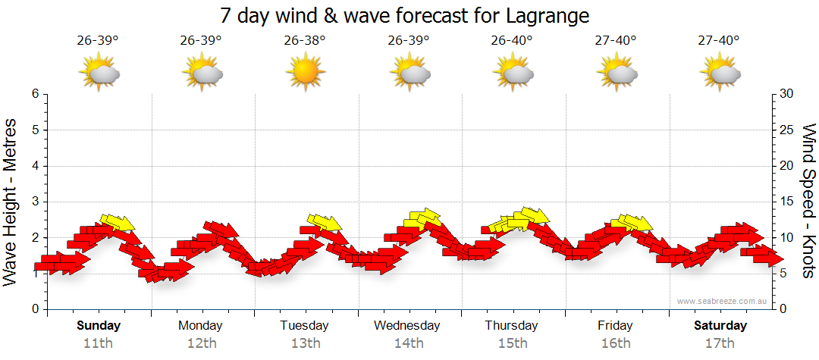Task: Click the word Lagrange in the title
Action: point(544,15)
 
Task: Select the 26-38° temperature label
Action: point(305,40)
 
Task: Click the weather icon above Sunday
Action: point(99,74)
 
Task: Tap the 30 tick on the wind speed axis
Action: point(786,94)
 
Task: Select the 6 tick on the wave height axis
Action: point(35,94)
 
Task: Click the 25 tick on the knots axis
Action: point(786,130)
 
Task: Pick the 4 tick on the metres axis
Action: point(35,166)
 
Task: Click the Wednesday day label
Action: point(407,326)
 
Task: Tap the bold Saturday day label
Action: point(721,326)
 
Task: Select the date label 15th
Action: point(513,343)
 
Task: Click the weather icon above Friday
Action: point(616,74)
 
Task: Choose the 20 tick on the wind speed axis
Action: point(786,166)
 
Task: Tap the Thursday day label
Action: point(511,326)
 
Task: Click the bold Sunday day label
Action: point(99,326)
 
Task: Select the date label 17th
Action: point(719,343)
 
